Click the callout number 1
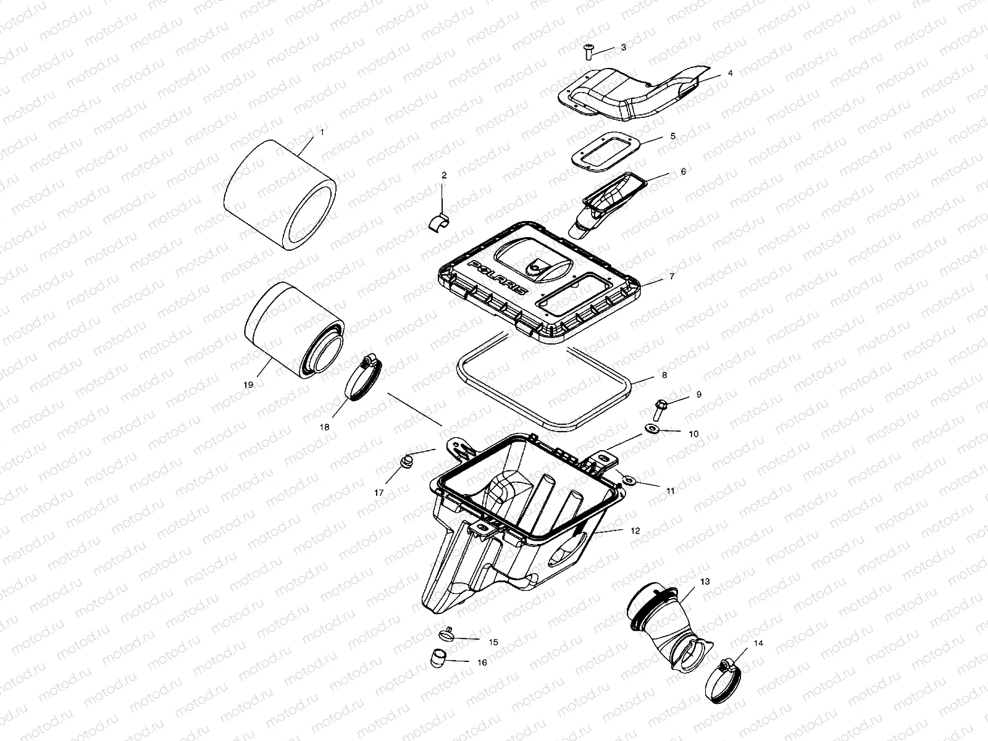[321, 132]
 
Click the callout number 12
[636, 530]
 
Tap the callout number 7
[672, 277]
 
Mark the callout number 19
[248, 384]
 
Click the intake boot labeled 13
[667, 624]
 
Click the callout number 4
[730, 73]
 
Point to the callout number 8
[664, 375]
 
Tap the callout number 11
[671, 491]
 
